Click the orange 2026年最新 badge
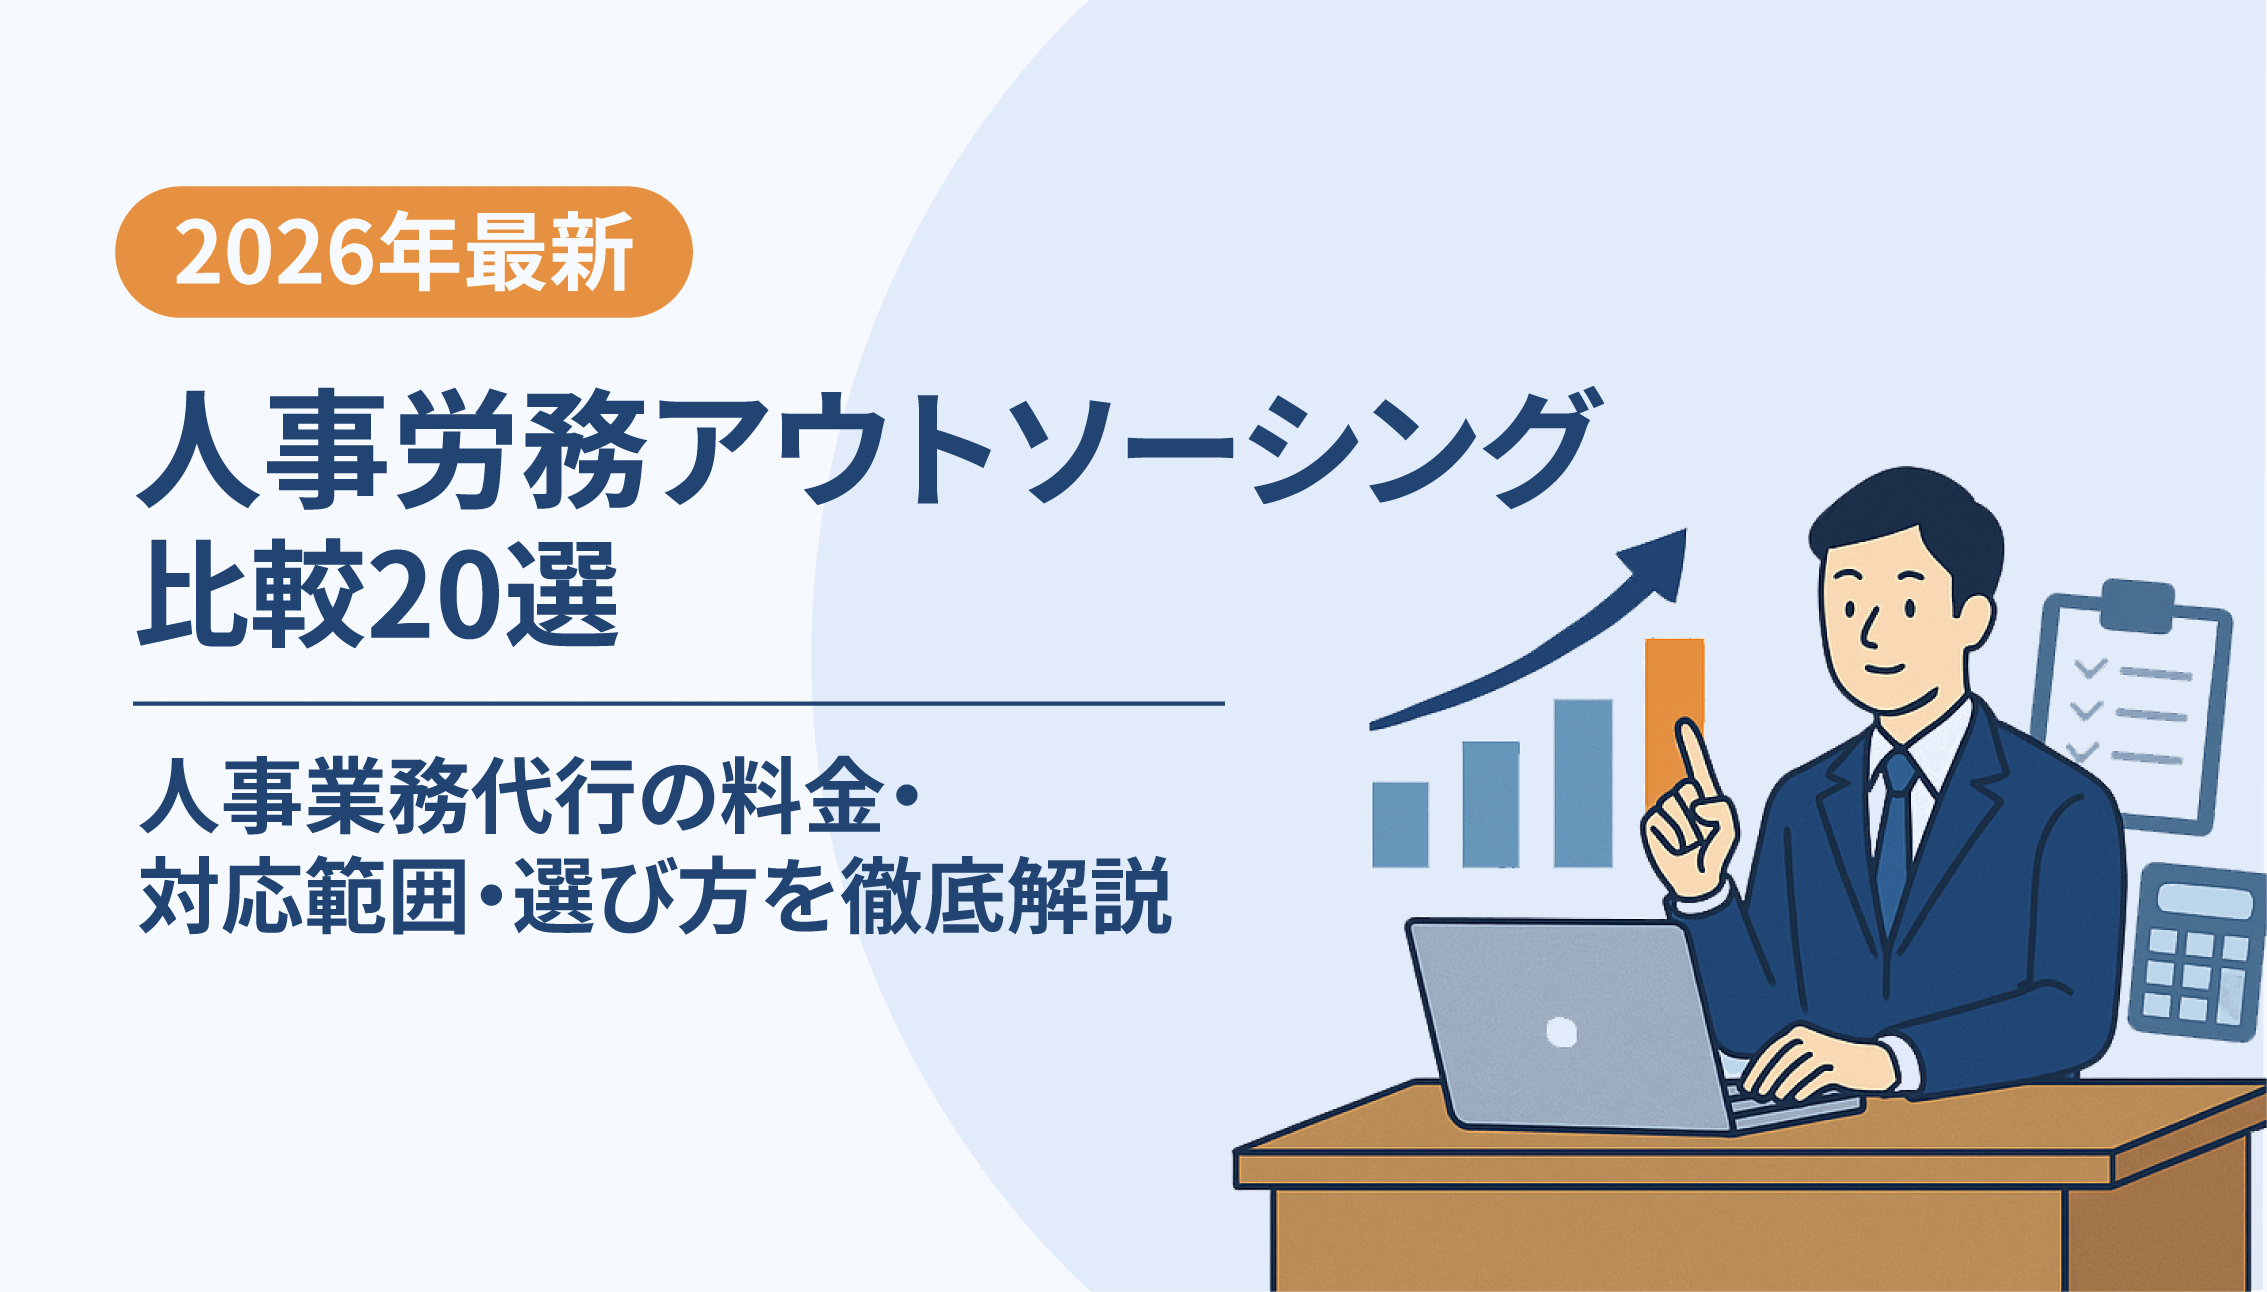click(404, 252)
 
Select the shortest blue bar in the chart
click(1400, 824)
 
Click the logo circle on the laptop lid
click(1561, 1031)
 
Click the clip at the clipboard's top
click(2139, 604)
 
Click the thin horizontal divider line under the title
click(679, 704)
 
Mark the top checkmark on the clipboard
click(2089, 667)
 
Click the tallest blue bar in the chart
click(1583, 783)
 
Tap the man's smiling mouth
click(1884, 667)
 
